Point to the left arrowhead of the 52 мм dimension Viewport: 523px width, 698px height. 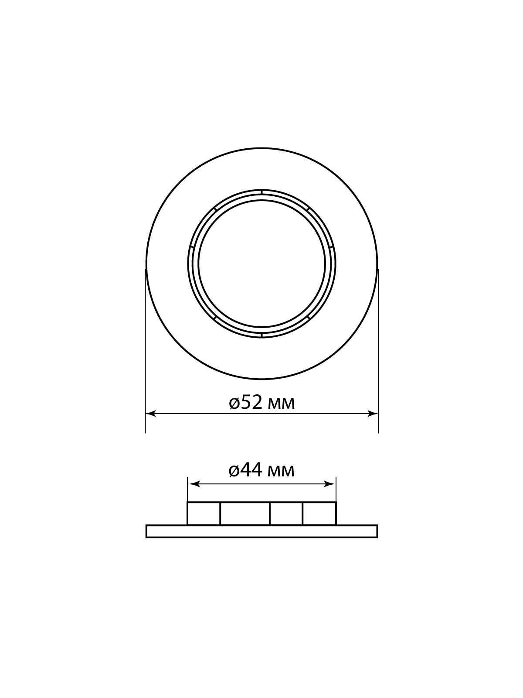click(150, 414)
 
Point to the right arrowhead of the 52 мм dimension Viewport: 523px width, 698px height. click(373, 414)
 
